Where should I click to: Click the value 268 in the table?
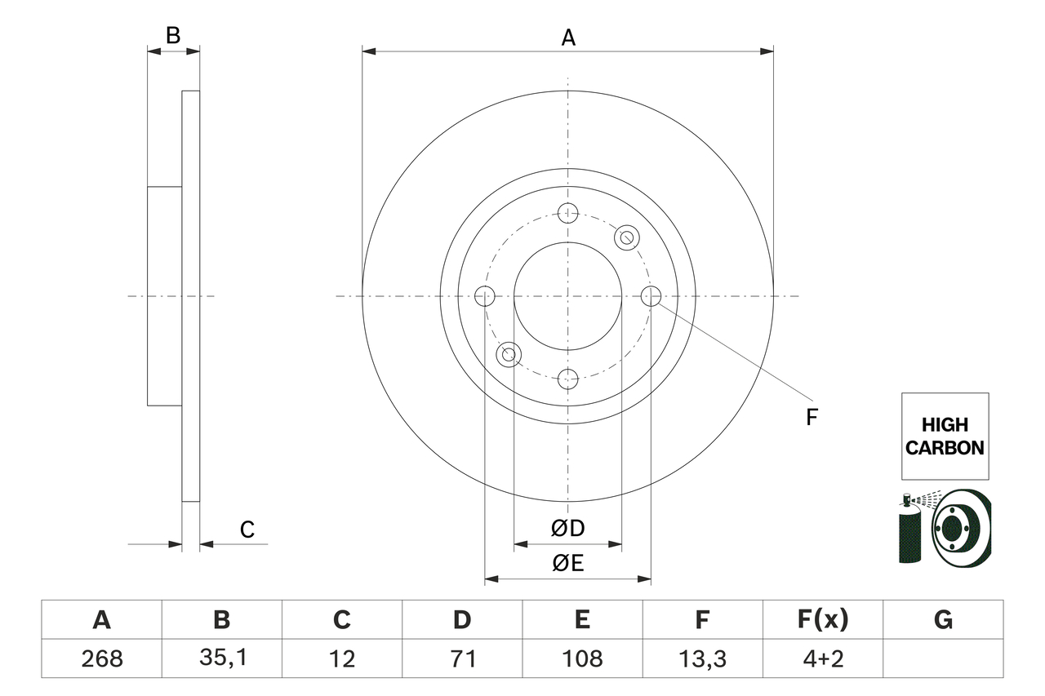coord(101,658)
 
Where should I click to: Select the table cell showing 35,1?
coord(221,658)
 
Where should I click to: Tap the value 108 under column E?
coord(582,658)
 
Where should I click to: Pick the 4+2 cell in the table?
coord(822,658)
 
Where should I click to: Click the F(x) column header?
coord(822,620)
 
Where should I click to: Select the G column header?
coord(943,620)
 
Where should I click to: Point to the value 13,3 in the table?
coord(702,658)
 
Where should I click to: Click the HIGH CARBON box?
coord(945,436)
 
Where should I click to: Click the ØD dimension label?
coord(568,529)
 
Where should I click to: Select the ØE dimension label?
coord(568,564)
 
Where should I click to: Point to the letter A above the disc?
coord(568,37)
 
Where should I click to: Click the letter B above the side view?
coord(173,35)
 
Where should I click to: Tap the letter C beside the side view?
coord(247,530)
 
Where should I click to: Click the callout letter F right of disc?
coord(812,417)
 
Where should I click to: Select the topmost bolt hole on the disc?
coord(568,214)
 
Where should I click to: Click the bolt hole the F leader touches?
coord(651,296)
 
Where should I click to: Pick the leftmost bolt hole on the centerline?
coord(485,296)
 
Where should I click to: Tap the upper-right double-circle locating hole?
coord(627,237)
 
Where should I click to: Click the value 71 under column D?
coord(462,658)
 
